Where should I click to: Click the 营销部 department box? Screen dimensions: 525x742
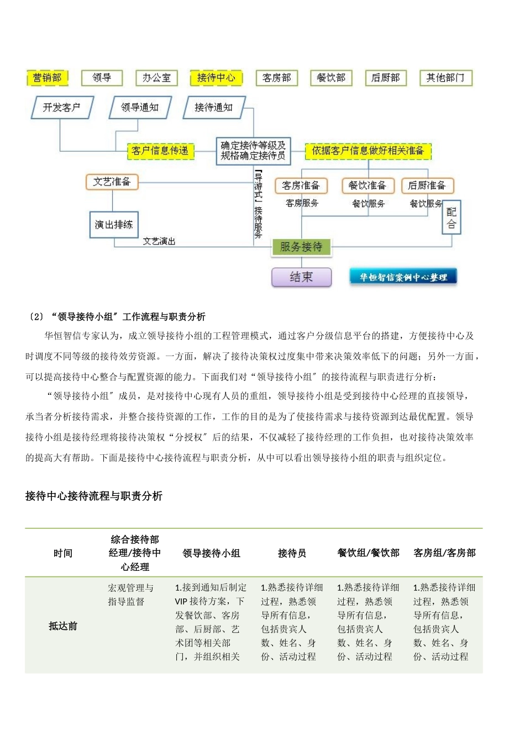point(48,78)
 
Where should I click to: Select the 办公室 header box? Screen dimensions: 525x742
point(156,78)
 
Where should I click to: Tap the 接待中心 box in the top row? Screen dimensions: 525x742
point(216,78)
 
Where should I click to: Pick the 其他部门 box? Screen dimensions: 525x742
point(445,78)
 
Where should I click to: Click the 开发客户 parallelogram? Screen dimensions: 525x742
point(62,107)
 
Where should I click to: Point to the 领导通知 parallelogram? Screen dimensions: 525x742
point(140,107)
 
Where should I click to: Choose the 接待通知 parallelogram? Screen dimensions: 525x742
point(214,107)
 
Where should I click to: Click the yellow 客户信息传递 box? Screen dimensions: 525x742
point(160,150)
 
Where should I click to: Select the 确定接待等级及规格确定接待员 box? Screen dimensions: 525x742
point(253,151)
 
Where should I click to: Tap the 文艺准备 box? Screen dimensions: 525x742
point(112,182)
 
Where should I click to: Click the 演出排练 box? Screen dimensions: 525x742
point(114,225)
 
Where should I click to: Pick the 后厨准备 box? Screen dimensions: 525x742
point(427,185)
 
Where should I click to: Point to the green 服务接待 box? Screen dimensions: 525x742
point(301,247)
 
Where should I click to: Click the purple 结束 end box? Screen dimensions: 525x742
point(301,277)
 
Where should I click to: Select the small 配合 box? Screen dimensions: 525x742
point(452,218)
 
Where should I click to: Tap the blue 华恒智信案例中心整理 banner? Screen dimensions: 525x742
point(403,277)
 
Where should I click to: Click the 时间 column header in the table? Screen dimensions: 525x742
point(63,553)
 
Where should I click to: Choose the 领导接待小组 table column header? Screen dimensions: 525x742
point(212,553)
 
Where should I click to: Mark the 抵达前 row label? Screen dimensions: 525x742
point(63,626)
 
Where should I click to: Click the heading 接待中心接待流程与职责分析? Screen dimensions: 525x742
point(94,496)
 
